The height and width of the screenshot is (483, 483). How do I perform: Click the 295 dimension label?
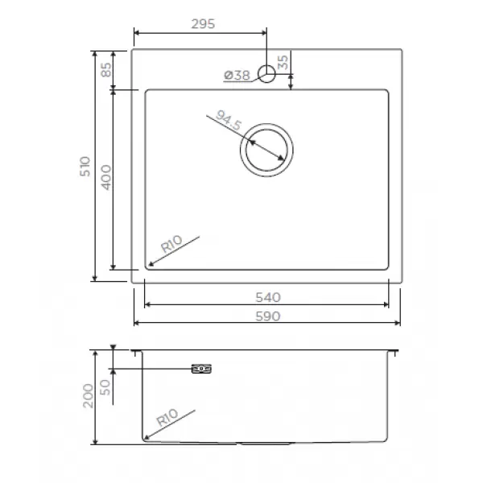[x=203, y=24]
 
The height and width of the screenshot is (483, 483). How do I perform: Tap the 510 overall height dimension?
[x=85, y=167]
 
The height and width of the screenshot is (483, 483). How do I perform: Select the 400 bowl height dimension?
[x=106, y=178]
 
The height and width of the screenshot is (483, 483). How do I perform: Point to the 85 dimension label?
[x=106, y=69]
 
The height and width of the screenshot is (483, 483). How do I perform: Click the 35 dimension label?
[x=283, y=63]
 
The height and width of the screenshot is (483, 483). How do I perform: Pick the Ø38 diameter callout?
[x=237, y=75]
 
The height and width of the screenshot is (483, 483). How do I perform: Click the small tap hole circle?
[x=266, y=74]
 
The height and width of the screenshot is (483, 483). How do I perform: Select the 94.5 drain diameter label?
[x=229, y=121]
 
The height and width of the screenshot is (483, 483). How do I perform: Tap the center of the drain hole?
[x=266, y=150]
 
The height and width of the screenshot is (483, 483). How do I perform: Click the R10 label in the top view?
[x=171, y=244]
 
